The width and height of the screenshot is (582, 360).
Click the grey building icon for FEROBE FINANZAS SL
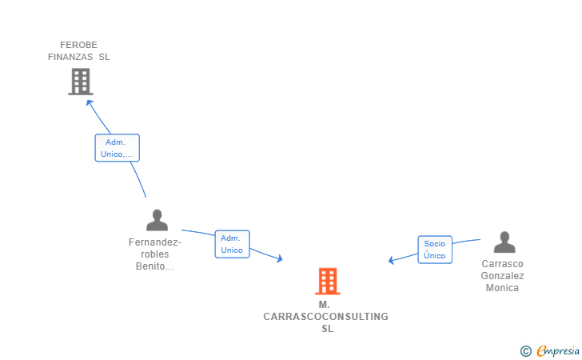point(80,82)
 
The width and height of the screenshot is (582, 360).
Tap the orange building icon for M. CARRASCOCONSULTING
point(327,282)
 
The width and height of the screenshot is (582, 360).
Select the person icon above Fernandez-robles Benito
point(157,220)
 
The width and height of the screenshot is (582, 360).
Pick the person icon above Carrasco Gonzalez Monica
point(504,242)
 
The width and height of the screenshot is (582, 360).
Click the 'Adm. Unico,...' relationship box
point(117,148)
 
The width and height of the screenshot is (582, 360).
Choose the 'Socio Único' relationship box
point(434,250)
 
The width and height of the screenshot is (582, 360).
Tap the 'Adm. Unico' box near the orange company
point(232,244)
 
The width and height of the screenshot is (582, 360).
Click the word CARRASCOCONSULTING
point(325,317)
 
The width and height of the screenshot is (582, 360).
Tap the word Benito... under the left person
point(155,266)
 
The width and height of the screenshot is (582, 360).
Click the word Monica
point(502,288)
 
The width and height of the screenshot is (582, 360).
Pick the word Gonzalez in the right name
point(502,276)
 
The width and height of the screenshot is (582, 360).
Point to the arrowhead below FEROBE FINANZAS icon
point(90,102)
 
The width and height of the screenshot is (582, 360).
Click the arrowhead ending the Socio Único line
point(391,260)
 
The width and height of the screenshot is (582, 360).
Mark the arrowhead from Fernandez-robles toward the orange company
point(279,258)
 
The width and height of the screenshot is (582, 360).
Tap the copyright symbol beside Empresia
point(525,350)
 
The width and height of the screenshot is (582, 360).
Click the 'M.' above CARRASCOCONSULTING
point(324,305)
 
